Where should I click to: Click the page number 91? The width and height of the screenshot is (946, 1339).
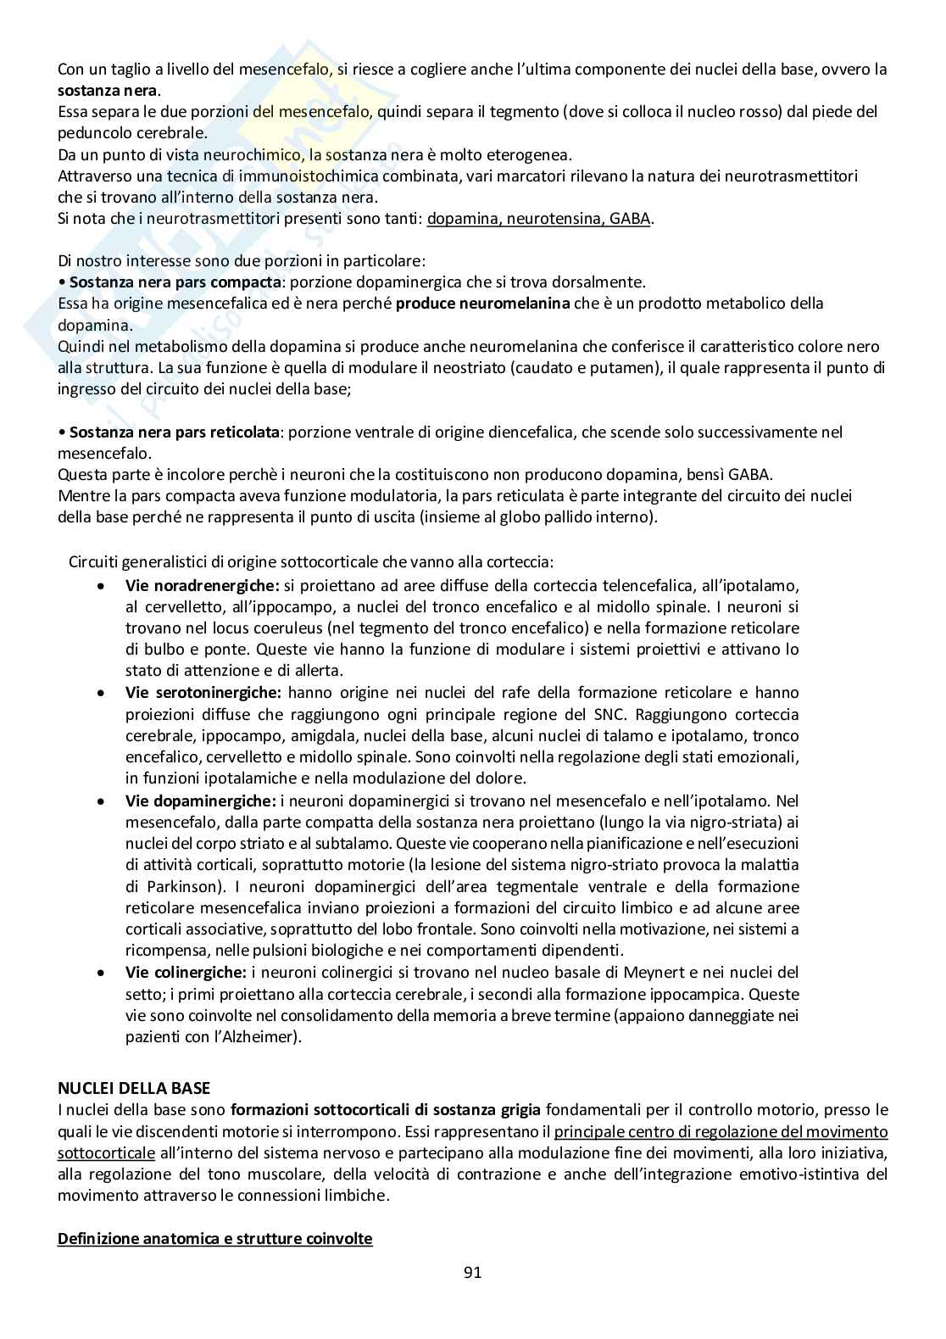tap(473, 1272)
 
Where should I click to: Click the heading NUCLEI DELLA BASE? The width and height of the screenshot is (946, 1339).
tap(134, 1088)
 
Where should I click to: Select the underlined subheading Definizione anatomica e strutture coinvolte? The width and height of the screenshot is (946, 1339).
tap(214, 1238)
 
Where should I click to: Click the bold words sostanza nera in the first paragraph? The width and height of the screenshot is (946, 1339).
tap(108, 90)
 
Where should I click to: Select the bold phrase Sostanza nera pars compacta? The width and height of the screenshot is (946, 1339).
tap(175, 282)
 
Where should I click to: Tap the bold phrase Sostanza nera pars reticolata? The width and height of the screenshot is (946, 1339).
tap(174, 432)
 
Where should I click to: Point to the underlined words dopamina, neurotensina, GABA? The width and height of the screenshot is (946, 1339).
tap(539, 218)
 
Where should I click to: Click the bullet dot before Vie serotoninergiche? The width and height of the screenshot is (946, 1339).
tap(102, 693)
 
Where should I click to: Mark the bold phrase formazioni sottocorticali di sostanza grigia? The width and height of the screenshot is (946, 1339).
tap(386, 1109)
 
